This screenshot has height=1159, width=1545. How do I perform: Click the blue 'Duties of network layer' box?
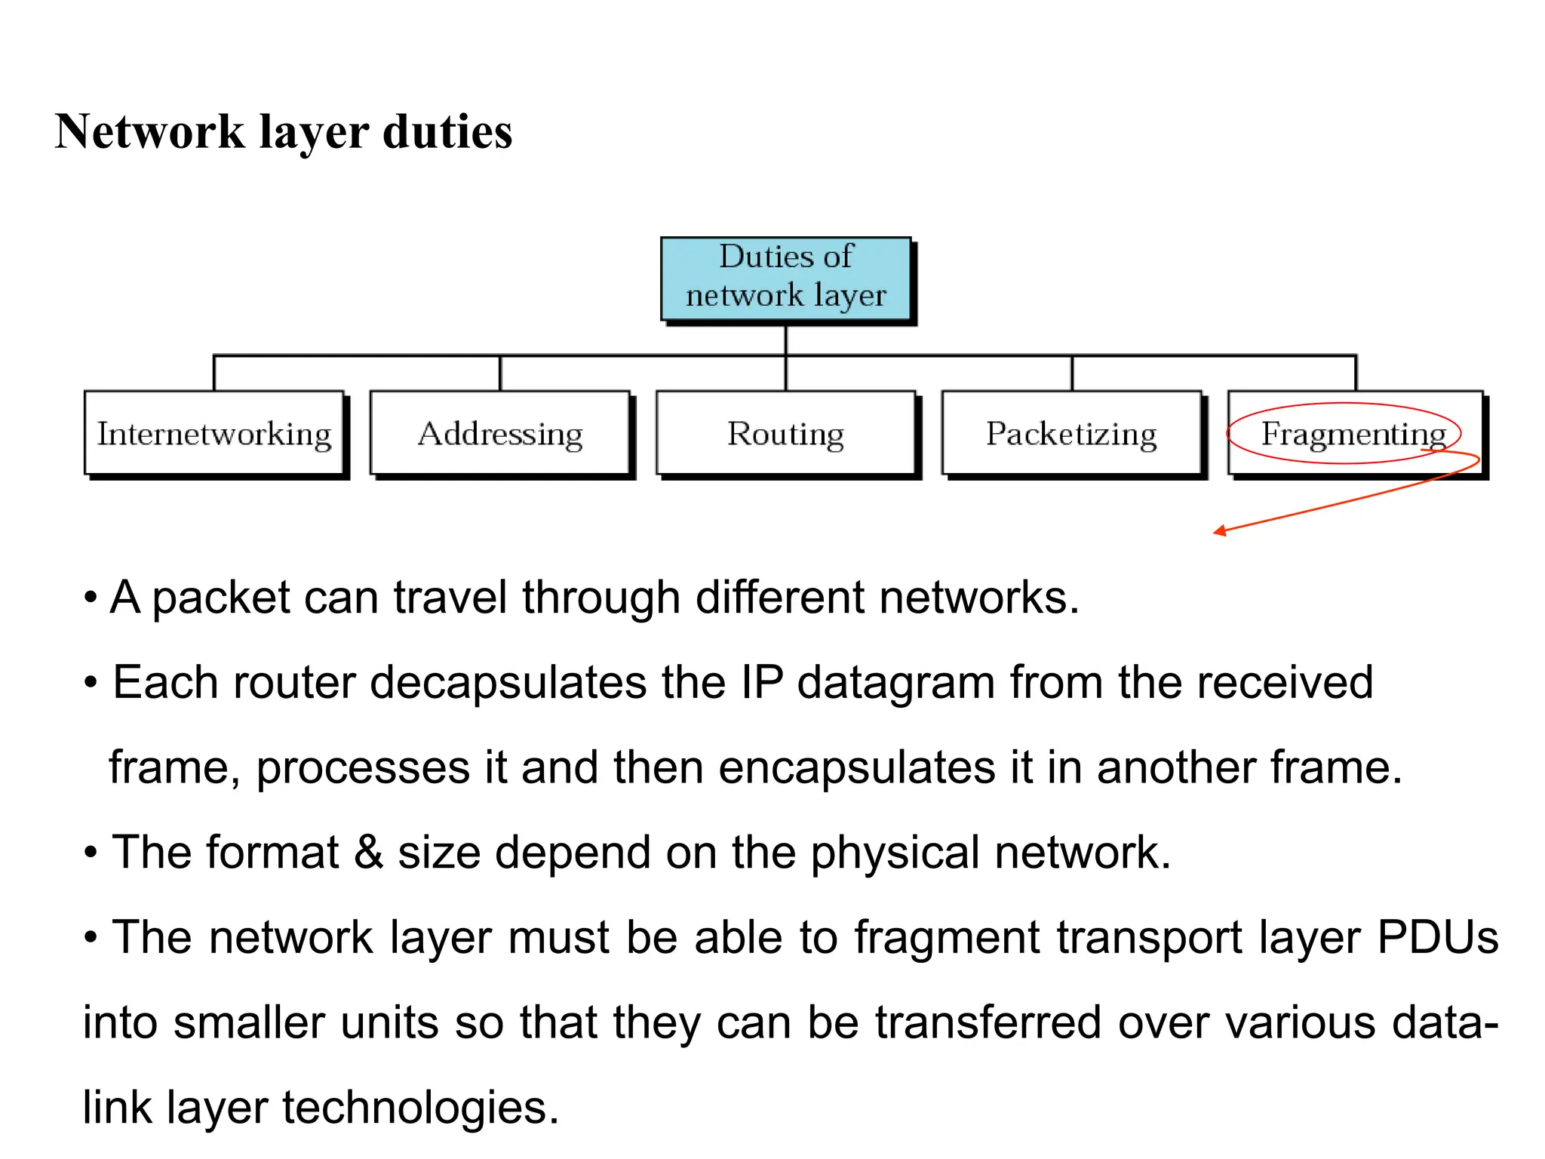785,277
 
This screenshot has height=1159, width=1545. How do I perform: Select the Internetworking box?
214,433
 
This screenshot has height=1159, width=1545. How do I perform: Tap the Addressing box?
500,433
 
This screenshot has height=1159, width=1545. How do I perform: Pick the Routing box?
785,433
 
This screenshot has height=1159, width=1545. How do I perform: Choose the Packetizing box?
1071,433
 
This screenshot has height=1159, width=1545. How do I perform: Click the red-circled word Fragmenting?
1353,433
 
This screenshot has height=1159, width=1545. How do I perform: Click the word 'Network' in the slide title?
149,132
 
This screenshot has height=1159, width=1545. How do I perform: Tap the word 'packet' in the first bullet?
221,598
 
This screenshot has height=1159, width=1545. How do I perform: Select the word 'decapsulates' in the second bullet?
508,683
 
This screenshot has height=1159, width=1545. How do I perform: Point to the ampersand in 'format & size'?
368,853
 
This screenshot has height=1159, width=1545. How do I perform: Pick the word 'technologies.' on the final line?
420,1108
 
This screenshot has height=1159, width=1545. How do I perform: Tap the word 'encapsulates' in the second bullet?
856,768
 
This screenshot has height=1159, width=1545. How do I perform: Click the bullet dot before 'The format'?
91,853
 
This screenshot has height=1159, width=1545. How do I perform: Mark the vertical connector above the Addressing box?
500,373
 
